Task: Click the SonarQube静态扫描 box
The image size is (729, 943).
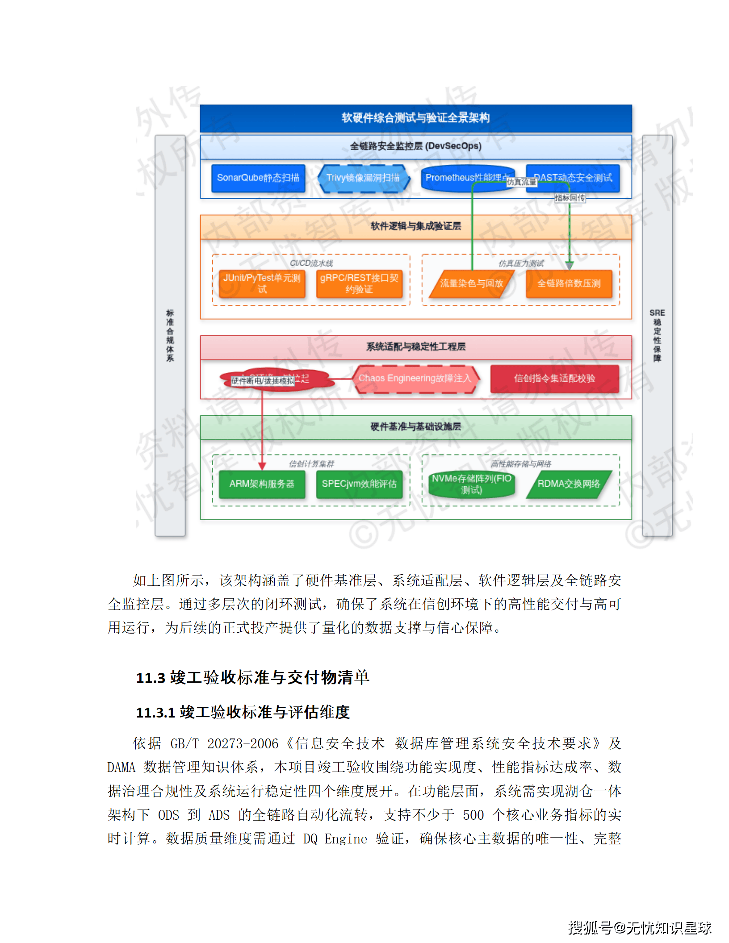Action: click(x=258, y=178)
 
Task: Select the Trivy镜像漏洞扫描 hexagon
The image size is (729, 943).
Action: click(x=363, y=178)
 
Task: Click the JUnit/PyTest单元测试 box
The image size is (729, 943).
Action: click(x=262, y=284)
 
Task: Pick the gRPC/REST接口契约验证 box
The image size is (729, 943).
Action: click(x=359, y=284)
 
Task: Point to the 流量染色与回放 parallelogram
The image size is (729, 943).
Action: click(x=471, y=284)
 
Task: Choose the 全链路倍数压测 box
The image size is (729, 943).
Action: click(x=569, y=284)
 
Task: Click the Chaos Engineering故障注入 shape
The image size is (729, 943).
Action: click(x=415, y=379)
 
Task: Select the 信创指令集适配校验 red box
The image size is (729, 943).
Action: click(x=554, y=379)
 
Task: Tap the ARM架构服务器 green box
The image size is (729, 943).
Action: click(x=262, y=484)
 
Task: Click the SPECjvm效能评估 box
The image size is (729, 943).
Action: click(x=359, y=484)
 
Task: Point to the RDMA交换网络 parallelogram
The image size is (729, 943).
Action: click(x=569, y=484)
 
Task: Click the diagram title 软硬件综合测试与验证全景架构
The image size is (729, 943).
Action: click(x=415, y=118)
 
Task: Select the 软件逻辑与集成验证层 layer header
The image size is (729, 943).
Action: click(x=415, y=226)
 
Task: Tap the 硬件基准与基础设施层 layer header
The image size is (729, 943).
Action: click(x=415, y=427)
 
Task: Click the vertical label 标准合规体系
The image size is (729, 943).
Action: click(x=170, y=335)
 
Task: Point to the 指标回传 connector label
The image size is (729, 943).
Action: click(x=570, y=198)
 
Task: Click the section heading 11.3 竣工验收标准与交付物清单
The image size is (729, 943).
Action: click(x=252, y=678)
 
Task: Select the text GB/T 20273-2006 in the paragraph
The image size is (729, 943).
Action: click(x=224, y=744)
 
